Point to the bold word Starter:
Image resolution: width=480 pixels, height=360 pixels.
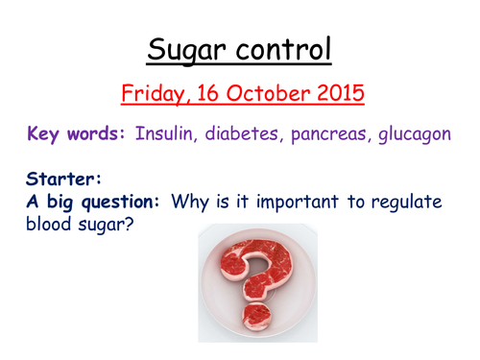click(53, 179)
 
